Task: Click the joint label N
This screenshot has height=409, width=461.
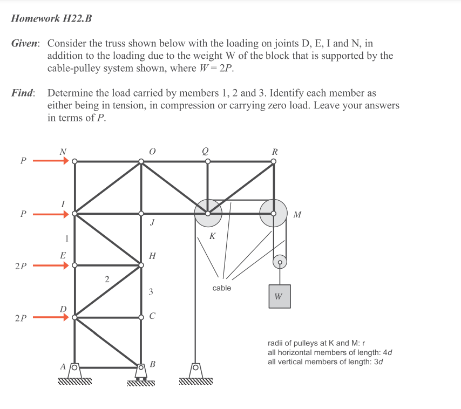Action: pyautogui.click(x=63, y=152)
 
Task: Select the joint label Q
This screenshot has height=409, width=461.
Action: pyautogui.click(x=205, y=152)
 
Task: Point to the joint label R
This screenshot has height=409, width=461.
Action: pyautogui.click(x=275, y=152)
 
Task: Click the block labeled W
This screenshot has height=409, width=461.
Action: pyautogui.click(x=279, y=296)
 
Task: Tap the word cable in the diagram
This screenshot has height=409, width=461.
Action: pyautogui.click(x=221, y=288)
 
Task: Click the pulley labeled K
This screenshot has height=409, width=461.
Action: pyautogui.click(x=208, y=213)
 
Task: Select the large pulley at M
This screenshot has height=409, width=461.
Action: pyautogui.click(x=274, y=213)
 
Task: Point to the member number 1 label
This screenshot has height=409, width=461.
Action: pyautogui.click(x=66, y=238)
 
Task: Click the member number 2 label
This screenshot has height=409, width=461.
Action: pyautogui.click(x=106, y=279)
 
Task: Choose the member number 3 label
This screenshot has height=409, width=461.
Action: pyautogui.click(x=151, y=292)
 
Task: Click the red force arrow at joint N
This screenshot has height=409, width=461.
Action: pyautogui.click(x=51, y=161)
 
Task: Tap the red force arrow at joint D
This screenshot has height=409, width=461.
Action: pyautogui.click(x=51, y=318)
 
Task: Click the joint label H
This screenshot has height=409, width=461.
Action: pyautogui.click(x=152, y=256)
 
